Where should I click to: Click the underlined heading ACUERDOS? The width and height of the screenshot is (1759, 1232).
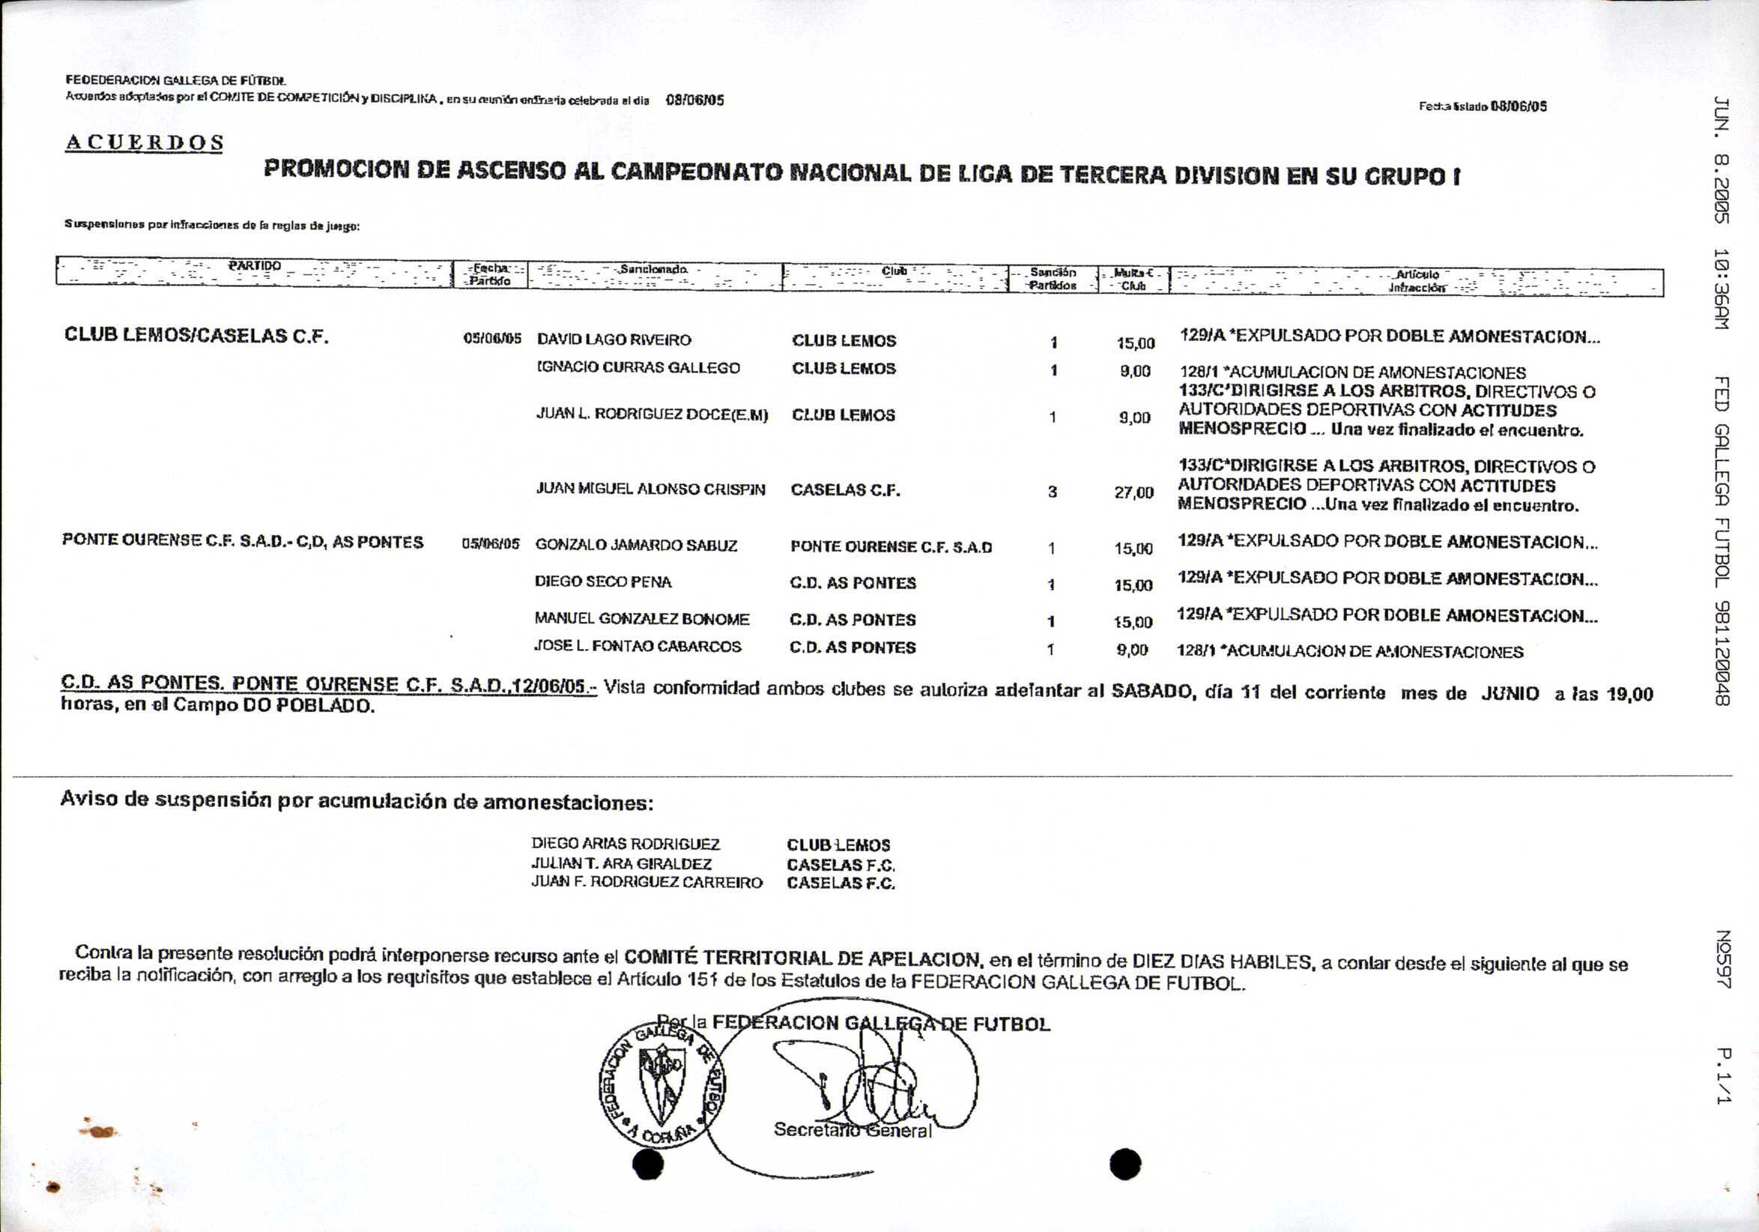click(144, 143)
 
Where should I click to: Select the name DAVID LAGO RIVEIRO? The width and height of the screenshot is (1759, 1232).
click(614, 340)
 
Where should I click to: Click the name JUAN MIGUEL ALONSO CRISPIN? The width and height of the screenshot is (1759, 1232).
click(650, 489)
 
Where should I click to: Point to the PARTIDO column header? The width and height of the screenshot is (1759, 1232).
click(255, 267)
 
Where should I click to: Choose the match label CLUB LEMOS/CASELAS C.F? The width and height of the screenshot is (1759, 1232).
click(196, 336)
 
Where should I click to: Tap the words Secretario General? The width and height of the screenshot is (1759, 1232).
click(852, 1130)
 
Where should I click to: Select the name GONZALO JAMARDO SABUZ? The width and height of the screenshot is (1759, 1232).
click(636, 546)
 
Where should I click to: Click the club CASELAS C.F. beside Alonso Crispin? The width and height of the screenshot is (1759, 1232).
click(845, 490)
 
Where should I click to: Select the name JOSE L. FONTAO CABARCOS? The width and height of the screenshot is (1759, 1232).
click(638, 647)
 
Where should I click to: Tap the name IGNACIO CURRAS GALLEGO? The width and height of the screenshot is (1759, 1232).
click(638, 369)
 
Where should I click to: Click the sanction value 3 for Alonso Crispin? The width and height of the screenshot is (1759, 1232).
click(1052, 492)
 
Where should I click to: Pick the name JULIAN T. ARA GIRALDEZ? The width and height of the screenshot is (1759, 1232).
click(621, 863)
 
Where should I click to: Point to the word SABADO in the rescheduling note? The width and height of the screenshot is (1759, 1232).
click(1151, 690)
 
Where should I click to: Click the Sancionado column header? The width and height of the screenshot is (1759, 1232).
click(653, 270)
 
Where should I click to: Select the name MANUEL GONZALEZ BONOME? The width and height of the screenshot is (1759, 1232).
click(641, 619)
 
